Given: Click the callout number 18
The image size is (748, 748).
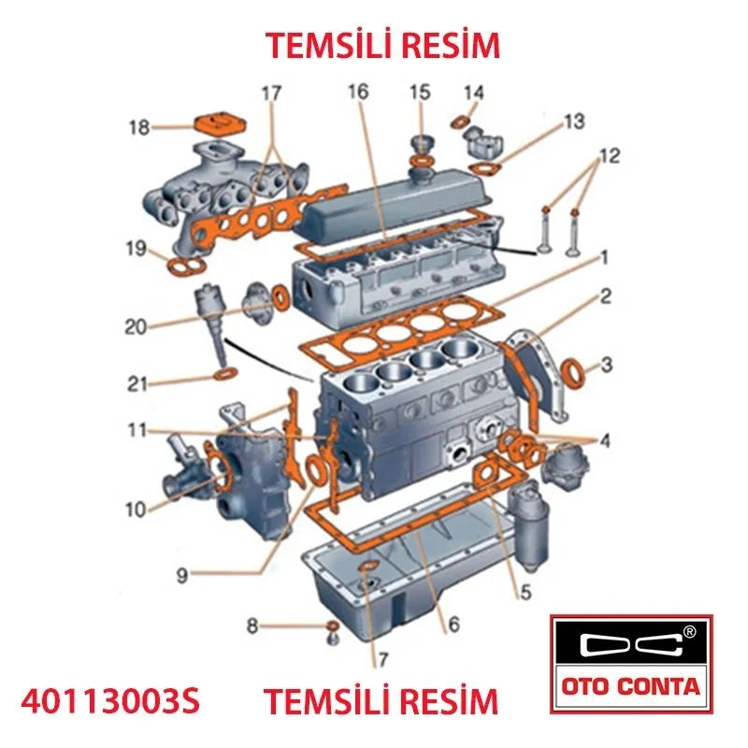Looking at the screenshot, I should (x=139, y=127).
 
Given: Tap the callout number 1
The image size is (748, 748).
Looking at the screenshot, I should (x=605, y=256).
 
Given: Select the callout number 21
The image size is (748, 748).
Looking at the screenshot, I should (x=137, y=382).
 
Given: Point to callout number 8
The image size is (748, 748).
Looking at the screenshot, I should (x=252, y=626).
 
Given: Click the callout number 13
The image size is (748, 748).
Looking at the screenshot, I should (x=573, y=122).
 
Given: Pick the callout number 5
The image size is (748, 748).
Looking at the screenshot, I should (x=525, y=591).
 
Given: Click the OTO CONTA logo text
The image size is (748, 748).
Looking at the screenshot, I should (x=631, y=687).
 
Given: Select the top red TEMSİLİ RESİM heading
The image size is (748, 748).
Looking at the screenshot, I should (x=382, y=44).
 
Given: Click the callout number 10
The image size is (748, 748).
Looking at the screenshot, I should (x=137, y=509).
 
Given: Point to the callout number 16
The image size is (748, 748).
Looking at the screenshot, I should (x=358, y=92).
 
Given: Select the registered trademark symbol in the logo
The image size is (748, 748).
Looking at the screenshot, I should (x=690, y=631).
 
